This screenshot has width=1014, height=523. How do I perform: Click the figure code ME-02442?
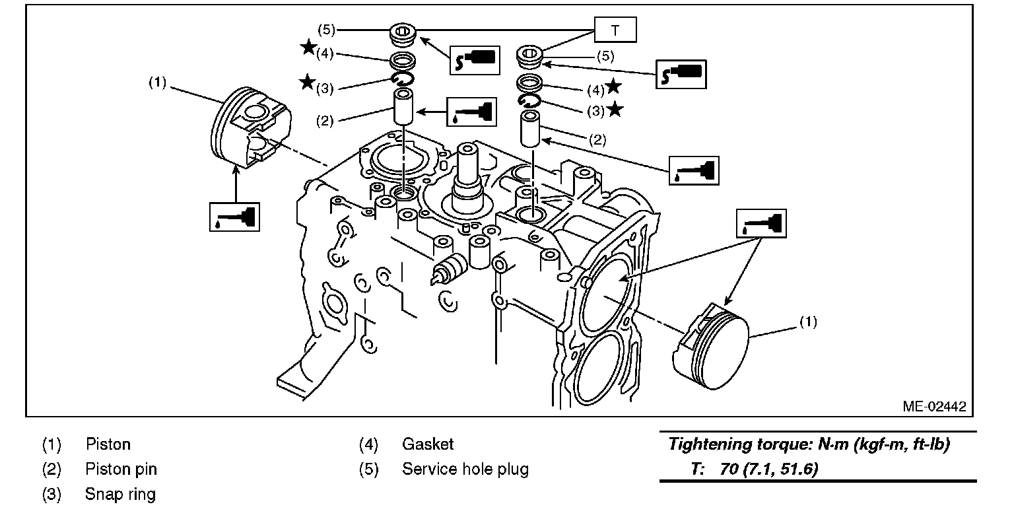click(x=934, y=406)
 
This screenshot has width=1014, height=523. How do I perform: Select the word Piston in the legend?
click(x=108, y=444)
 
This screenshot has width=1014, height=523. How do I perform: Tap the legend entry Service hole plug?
click(x=465, y=470)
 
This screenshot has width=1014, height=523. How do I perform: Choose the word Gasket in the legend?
click(x=428, y=444)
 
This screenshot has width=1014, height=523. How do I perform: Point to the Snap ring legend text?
click(x=120, y=494)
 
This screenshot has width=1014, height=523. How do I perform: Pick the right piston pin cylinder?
click(x=530, y=129)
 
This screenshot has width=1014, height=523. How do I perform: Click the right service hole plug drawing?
click(x=529, y=56)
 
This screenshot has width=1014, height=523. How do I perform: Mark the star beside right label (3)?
click(x=615, y=110)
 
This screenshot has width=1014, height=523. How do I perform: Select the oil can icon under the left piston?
click(x=235, y=216)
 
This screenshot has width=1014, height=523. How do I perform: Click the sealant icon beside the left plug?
click(x=473, y=59)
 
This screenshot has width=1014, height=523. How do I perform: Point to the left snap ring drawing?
click(x=402, y=80)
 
